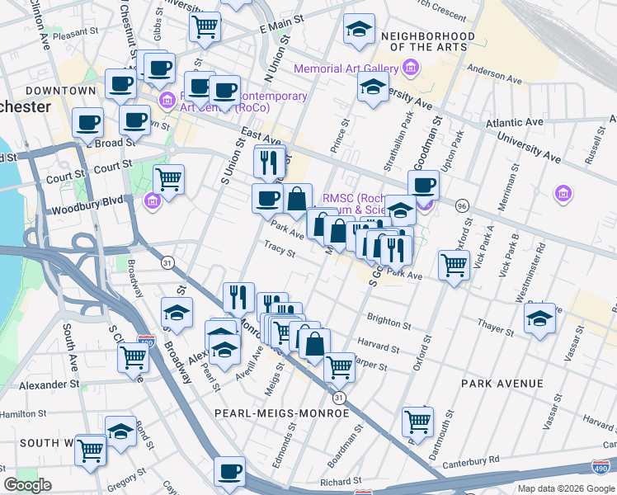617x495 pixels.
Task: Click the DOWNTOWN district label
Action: (60, 90)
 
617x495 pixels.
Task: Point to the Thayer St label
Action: (495, 329)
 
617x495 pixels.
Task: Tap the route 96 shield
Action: (462, 205)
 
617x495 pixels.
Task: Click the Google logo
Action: (27, 485)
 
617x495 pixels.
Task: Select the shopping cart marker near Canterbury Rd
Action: (417, 422)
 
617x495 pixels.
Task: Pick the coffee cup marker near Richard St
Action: (229, 471)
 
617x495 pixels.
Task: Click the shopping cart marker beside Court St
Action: (168, 178)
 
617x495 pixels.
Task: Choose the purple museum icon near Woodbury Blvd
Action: (153, 200)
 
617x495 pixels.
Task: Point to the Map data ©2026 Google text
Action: (565, 488)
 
